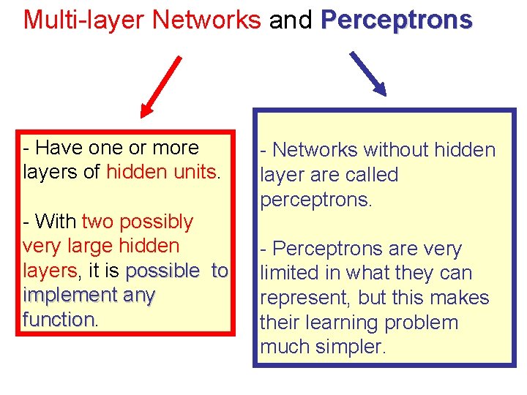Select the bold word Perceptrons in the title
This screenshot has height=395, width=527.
(x=397, y=19)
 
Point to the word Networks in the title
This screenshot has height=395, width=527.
(x=208, y=19)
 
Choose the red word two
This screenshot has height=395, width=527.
(x=98, y=222)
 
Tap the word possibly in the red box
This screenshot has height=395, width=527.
(x=157, y=222)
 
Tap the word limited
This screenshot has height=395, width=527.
(x=290, y=273)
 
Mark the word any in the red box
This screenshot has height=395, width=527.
(x=136, y=296)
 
